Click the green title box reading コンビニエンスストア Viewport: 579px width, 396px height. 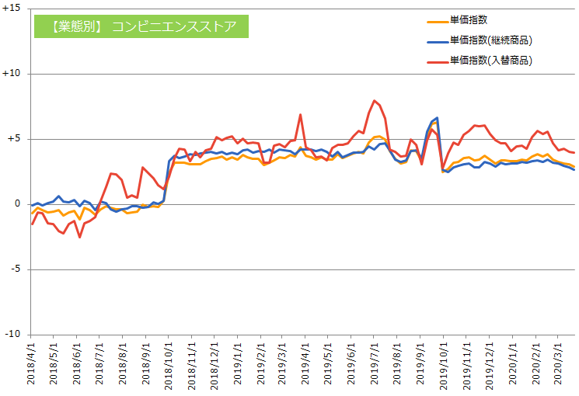pyautogui.click(x=141, y=26)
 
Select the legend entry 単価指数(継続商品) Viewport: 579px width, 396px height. pyautogui.click(x=480, y=40)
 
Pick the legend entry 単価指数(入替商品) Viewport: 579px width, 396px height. pyautogui.click(x=480, y=60)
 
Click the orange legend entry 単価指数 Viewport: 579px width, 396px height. pyautogui.click(x=457, y=20)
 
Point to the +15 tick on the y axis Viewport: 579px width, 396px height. pyautogui.click(x=12, y=8)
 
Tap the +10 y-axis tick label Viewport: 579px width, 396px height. pyautogui.click(x=12, y=73)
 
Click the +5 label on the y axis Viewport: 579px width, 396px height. pyautogui.click(x=14, y=138)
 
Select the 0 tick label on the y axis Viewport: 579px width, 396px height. pyautogui.click(x=18, y=203)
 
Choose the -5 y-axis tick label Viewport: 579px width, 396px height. pyautogui.click(x=16, y=269)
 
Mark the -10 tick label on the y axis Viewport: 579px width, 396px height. pyautogui.click(x=13, y=334)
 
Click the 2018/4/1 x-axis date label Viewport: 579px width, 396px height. pyautogui.click(x=30, y=363)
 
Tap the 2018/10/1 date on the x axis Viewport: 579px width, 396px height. pyautogui.click(x=169, y=366)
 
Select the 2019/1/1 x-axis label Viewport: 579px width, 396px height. pyautogui.click(x=238, y=363)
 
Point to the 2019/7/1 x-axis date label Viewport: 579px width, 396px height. pyautogui.click(x=374, y=363)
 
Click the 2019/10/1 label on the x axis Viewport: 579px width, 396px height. pyautogui.click(x=443, y=366)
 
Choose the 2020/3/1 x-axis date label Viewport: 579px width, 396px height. pyautogui.click(x=558, y=363)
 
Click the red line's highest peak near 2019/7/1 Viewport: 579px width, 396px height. pyautogui.click(x=375, y=100)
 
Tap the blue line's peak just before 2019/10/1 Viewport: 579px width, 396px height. pyautogui.click(x=438, y=118)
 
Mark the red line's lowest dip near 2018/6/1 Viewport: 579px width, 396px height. pyautogui.click(x=79, y=238)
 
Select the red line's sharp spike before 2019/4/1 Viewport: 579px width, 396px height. pyautogui.click(x=300, y=114)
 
